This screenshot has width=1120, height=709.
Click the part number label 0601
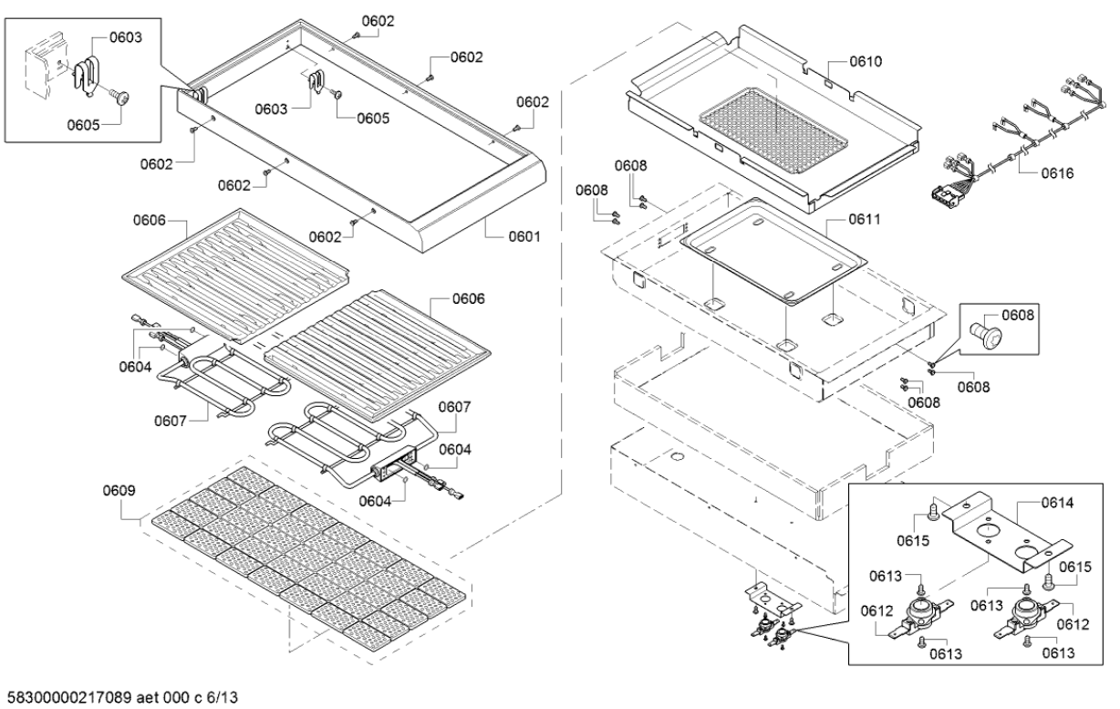tap(525, 235)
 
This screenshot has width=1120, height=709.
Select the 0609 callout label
tap(119, 490)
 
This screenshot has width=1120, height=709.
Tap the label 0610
tap(866, 62)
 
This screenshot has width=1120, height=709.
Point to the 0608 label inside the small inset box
tap(1019, 316)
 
